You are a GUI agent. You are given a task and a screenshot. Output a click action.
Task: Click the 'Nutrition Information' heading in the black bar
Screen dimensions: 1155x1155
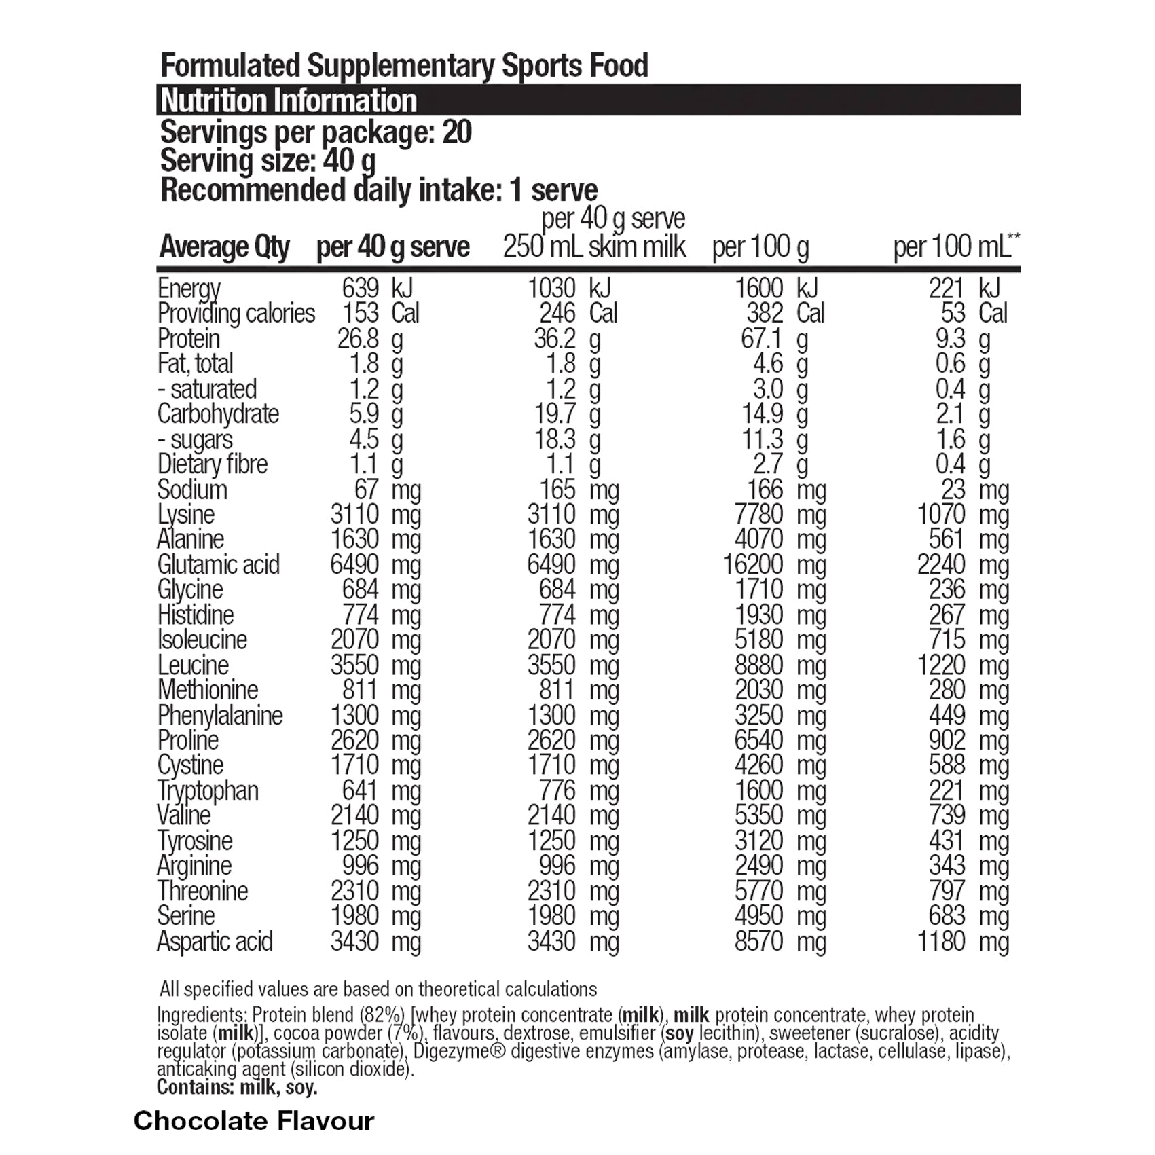(x=288, y=100)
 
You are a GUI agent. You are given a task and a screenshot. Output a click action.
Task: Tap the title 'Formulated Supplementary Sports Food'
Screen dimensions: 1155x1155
(x=404, y=66)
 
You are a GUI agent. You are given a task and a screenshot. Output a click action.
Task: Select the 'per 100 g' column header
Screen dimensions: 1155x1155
(x=760, y=247)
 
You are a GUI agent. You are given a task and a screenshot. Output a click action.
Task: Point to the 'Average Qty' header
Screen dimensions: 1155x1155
(x=224, y=247)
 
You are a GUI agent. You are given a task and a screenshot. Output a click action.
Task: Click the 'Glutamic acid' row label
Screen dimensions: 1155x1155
(x=218, y=565)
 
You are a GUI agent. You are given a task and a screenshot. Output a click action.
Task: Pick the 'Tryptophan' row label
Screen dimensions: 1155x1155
(x=208, y=791)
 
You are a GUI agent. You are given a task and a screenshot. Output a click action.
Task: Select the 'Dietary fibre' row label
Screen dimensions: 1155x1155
(x=213, y=464)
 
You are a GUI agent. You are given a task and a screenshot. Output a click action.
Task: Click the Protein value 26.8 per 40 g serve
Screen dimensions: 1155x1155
(x=358, y=339)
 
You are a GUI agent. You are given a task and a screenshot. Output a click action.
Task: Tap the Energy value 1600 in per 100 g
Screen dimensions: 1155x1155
(x=759, y=289)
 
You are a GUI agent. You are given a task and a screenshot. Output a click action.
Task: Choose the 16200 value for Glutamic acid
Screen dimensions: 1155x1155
(x=753, y=565)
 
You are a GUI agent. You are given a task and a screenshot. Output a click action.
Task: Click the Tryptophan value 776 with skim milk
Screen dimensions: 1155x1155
(x=557, y=791)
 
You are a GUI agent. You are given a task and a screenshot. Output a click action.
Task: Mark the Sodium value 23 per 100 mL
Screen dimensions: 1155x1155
(x=953, y=490)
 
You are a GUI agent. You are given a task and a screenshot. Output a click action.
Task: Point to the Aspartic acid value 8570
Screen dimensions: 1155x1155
(x=759, y=942)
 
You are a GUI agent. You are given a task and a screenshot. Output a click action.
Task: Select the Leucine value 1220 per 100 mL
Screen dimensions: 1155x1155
(x=941, y=665)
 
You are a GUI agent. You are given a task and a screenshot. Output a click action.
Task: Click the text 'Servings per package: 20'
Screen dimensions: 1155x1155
(x=316, y=132)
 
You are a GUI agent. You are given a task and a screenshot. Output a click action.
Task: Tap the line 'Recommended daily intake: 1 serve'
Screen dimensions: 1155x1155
(x=379, y=190)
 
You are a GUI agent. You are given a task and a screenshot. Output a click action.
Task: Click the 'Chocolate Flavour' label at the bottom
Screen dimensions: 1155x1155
(x=254, y=1120)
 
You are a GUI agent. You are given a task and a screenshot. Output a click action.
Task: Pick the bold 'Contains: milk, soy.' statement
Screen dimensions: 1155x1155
(x=237, y=1087)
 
